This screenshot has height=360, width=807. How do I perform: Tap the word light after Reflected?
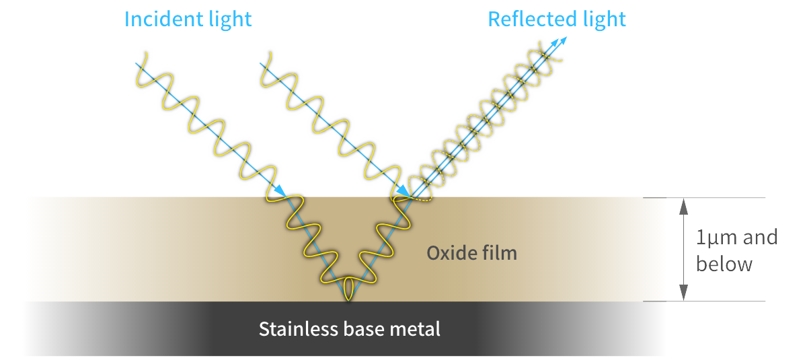coord(603,18)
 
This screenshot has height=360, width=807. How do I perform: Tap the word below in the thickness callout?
coord(724,264)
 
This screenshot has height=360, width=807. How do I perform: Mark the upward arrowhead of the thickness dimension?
coord(683,205)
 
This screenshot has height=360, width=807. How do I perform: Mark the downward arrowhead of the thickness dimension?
coord(683,293)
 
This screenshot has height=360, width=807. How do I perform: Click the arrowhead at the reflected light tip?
coord(562,40)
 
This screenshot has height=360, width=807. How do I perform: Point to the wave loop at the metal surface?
coord(348,289)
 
